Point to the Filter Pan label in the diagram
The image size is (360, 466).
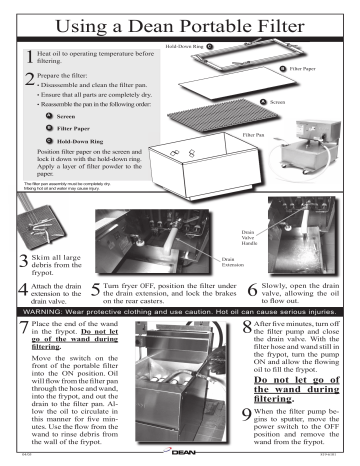coord(253,133)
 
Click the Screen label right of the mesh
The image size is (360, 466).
coord(276,103)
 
